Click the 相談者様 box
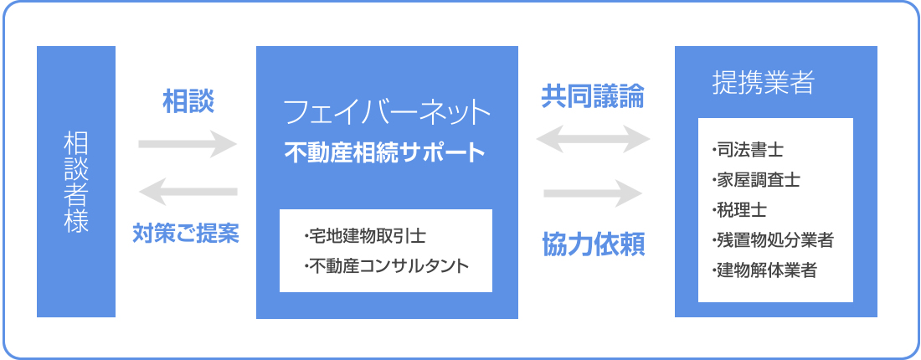click(x=75, y=182)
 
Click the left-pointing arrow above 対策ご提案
click(x=188, y=192)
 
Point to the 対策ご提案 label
click(x=186, y=234)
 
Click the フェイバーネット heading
click(x=387, y=113)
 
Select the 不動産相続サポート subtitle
click(x=385, y=152)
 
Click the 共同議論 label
click(x=592, y=95)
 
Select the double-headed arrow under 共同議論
click(x=594, y=140)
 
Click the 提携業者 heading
click(x=763, y=83)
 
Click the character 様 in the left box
click(x=75, y=221)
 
